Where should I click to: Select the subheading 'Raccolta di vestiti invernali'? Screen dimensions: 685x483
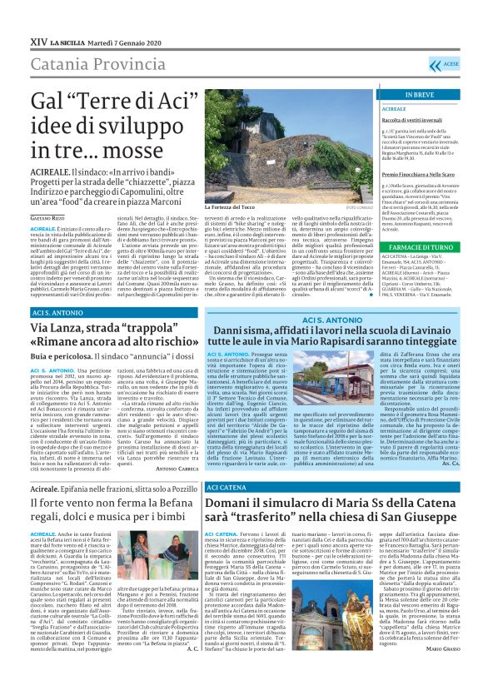point(395,121)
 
